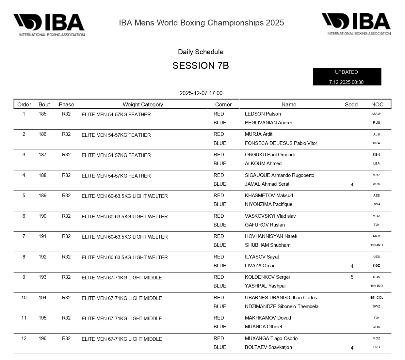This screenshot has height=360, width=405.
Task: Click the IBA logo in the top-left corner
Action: [x=49, y=24]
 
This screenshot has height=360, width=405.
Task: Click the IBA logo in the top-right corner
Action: [x=356, y=24]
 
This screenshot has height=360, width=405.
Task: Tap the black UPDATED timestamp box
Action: [x=347, y=77]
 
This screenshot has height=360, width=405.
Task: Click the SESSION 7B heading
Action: [x=201, y=66]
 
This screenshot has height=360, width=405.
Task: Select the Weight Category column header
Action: [x=143, y=104]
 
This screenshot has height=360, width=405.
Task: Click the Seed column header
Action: [x=351, y=104]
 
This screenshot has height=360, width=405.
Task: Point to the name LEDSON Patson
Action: [x=263, y=114]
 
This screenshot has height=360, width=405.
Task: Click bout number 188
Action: [x=42, y=175]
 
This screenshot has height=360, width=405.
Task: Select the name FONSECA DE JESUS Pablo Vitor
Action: [x=281, y=143]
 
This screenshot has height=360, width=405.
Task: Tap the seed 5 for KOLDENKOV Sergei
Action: [x=352, y=277]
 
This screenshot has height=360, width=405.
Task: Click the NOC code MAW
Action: [x=376, y=114]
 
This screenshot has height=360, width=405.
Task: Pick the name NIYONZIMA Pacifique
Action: [x=268, y=204]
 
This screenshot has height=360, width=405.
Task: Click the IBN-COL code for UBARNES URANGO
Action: [x=376, y=298]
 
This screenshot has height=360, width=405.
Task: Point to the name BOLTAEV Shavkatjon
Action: [x=268, y=347]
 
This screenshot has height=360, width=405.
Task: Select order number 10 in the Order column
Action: [x=24, y=298]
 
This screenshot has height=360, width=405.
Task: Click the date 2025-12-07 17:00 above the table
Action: [x=201, y=93]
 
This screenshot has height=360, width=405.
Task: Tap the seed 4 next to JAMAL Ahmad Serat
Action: [x=352, y=185]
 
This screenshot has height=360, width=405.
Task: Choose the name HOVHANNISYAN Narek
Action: [x=271, y=236]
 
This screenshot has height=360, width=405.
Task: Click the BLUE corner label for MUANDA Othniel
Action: [x=219, y=327]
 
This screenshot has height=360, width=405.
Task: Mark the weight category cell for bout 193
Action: [x=121, y=278]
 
